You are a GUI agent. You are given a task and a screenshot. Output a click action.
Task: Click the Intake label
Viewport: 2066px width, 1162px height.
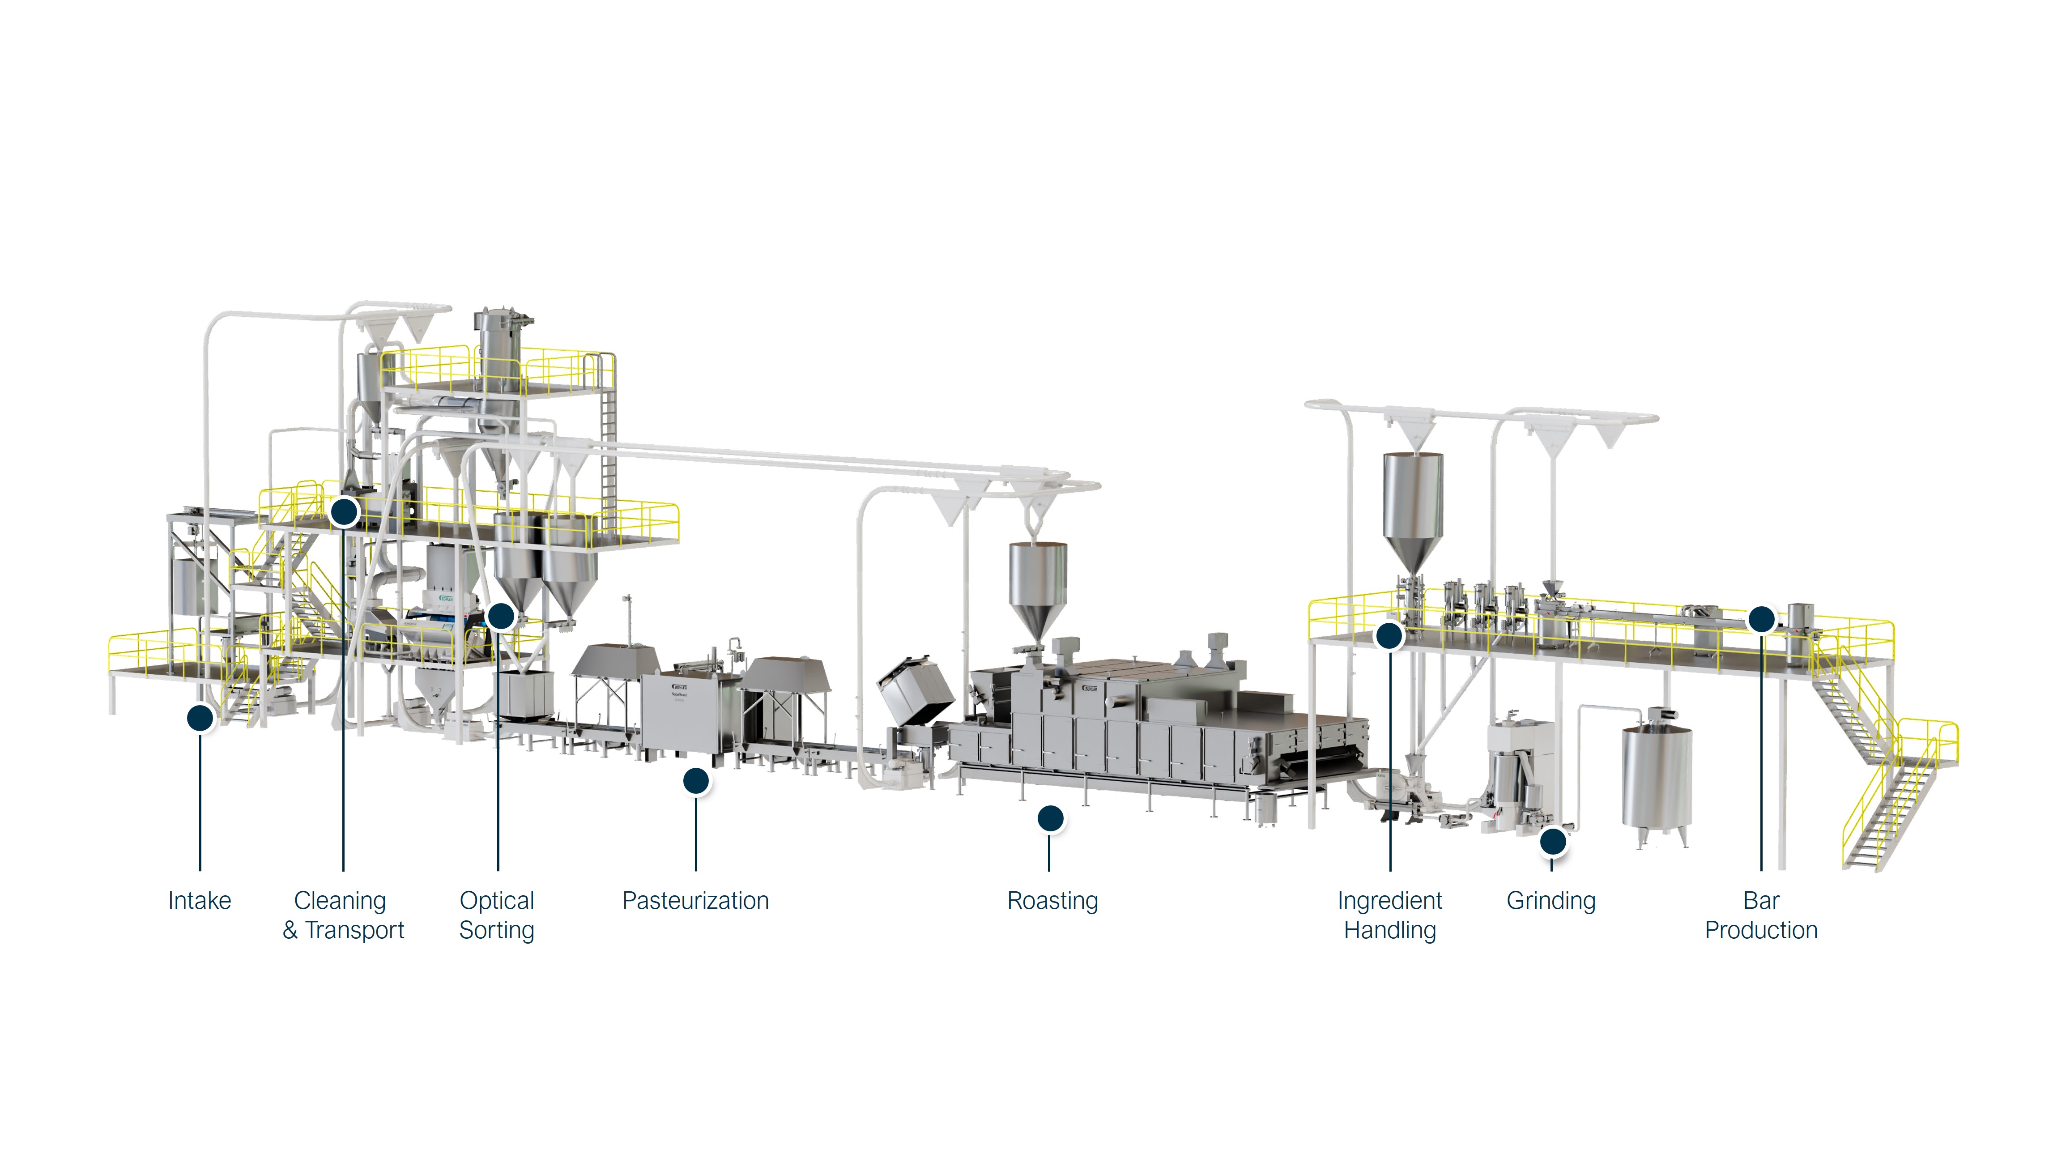tap(200, 901)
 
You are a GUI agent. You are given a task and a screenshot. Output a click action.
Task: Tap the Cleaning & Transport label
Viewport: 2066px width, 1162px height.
tap(343, 915)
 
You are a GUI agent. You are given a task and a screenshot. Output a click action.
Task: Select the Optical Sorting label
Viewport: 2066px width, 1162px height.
tap(497, 915)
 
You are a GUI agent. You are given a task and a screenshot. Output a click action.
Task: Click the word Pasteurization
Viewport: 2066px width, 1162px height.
tap(695, 901)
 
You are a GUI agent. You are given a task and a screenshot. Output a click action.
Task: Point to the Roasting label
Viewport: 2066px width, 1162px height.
tap(1052, 901)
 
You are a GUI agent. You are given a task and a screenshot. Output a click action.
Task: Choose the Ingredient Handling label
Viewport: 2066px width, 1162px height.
tap(1390, 915)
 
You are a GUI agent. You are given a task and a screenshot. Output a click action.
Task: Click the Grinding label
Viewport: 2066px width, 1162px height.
tap(1551, 901)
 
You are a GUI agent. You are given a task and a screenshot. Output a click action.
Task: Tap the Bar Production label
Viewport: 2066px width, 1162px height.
tap(1761, 915)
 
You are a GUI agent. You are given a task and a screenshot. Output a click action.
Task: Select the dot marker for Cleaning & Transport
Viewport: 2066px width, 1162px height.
tap(344, 511)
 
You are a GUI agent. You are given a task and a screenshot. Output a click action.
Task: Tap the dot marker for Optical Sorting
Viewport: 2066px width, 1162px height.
tap(500, 616)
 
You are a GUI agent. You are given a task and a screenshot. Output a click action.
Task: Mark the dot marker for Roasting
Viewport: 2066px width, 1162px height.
tap(1051, 818)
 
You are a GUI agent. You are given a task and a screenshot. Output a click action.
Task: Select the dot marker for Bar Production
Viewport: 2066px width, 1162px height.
tap(1761, 619)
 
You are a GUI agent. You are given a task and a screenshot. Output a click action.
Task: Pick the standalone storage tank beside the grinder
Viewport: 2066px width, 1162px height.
tap(1657, 774)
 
